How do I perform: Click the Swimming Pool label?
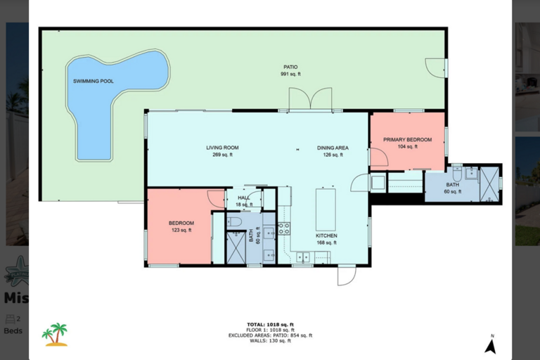(x=94, y=82)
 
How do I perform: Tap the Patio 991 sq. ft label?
(x=290, y=70)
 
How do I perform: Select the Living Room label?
(x=222, y=151)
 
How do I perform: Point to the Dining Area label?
(x=333, y=151)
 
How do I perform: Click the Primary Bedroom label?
(x=407, y=143)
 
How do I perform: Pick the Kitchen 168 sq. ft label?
(x=326, y=239)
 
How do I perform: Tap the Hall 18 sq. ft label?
(x=244, y=201)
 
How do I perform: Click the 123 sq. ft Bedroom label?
(x=181, y=226)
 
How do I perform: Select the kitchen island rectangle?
(x=326, y=210)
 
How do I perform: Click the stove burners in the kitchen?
(x=284, y=229)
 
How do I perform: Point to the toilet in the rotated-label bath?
(x=234, y=222)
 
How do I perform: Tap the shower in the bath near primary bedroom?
(x=489, y=184)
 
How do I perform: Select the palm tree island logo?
(x=55, y=335)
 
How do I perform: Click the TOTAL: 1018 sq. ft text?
(x=270, y=325)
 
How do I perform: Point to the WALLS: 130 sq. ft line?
(x=270, y=341)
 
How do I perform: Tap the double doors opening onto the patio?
(x=310, y=99)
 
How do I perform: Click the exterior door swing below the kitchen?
(x=347, y=276)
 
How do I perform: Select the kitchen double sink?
(x=303, y=257)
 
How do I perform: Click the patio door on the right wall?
(x=436, y=68)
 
